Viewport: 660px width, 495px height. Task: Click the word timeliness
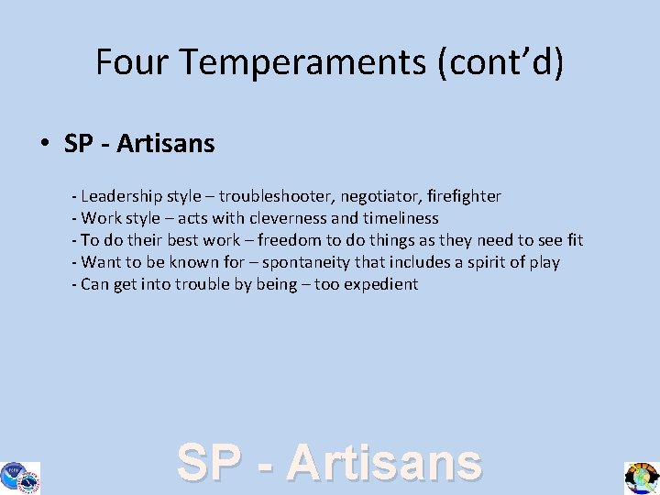click(x=401, y=218)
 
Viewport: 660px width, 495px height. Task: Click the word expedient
click(x=380, y=284)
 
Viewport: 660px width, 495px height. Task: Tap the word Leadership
click(x=118, y=196)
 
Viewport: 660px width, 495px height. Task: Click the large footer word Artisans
click(x=384, y=463)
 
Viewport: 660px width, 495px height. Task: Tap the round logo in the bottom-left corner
click(x=19, y=477)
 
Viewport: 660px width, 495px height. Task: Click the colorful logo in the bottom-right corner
click(x=642, y=478)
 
